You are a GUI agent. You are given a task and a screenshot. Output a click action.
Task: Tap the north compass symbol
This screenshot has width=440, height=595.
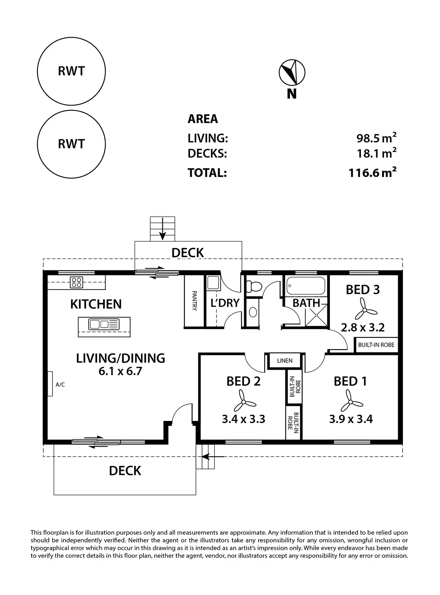point(292,73)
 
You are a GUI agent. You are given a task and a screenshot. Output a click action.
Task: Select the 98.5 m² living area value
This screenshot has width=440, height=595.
point(376,138)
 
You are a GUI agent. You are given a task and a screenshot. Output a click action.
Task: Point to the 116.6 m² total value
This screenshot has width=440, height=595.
point(372,173)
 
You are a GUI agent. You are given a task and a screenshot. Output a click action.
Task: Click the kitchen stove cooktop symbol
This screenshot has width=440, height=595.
point(76,282)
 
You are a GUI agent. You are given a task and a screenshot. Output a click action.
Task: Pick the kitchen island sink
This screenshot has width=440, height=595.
point(104,325)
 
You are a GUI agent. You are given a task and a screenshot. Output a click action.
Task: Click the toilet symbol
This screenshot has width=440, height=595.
point(254,286)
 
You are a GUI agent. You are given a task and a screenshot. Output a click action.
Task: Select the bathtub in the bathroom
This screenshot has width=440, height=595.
point(306,286)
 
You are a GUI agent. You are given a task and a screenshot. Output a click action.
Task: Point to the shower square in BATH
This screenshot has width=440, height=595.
point(316,315)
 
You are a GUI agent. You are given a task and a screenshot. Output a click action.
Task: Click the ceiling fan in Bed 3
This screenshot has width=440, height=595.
point(364,310)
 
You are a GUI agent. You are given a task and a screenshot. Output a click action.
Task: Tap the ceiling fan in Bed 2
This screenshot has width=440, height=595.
point(243,402)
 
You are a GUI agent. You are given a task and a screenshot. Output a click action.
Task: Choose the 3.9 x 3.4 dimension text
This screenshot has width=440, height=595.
point(351,419)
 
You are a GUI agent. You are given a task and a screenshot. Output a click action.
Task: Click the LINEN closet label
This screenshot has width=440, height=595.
point(285,361)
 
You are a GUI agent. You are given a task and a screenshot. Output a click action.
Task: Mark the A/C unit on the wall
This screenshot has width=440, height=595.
point(50,384)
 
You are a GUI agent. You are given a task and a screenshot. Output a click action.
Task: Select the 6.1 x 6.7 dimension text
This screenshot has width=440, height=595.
point(120,371)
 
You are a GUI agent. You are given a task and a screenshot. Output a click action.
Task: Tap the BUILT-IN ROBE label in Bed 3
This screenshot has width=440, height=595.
point(376,345)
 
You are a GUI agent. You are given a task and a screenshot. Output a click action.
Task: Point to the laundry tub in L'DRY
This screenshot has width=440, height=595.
point(213,283)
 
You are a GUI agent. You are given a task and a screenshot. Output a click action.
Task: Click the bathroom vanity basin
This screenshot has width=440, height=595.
point(253,312)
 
